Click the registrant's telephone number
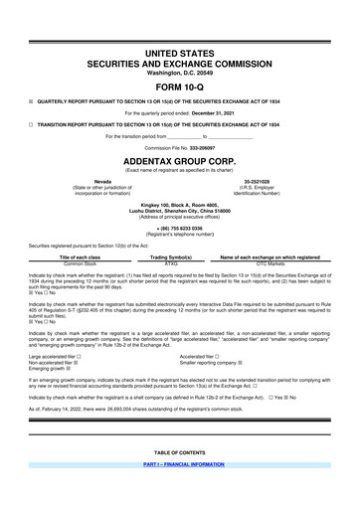(x=180, y=225)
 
